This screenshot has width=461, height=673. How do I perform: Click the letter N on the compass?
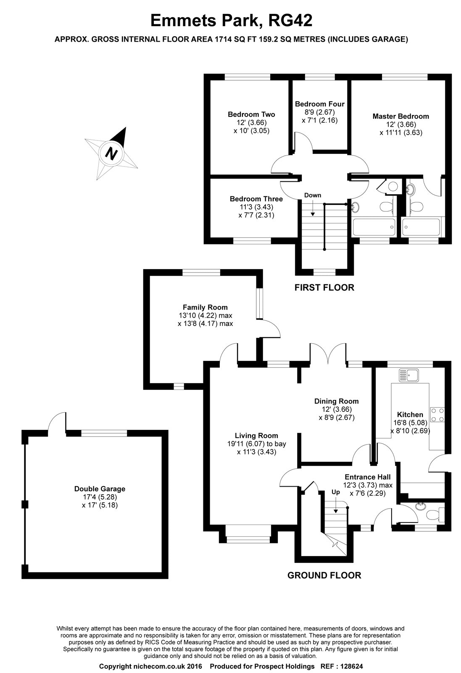pyautogui.click(x=111, y=153)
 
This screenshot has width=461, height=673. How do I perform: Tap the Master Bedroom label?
pyautogui.click(x=400, y=116)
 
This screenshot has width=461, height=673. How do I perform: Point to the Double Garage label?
pyautogui.click(x=100, y=489)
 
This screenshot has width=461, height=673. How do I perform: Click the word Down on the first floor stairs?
pyautogui.click(x=313, y=195)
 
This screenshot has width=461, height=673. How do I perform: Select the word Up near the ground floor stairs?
pyautogui.click(x=336, y=492)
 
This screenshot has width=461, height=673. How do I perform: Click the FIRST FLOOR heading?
pyautogui.click(x=324, y=288)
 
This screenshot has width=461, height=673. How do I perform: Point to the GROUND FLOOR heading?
pyautogui.click(x=324, y=575)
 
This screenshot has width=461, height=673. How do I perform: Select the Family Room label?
pyautogui.click(x=205, y=307)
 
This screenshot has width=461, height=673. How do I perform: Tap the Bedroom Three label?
pyautogui.click(x=256, y=199)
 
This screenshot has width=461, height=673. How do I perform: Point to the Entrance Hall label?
pyautogui.click(x=367, y=477)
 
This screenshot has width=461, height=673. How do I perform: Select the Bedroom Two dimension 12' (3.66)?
pyautogui.click(x=251, y=122)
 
